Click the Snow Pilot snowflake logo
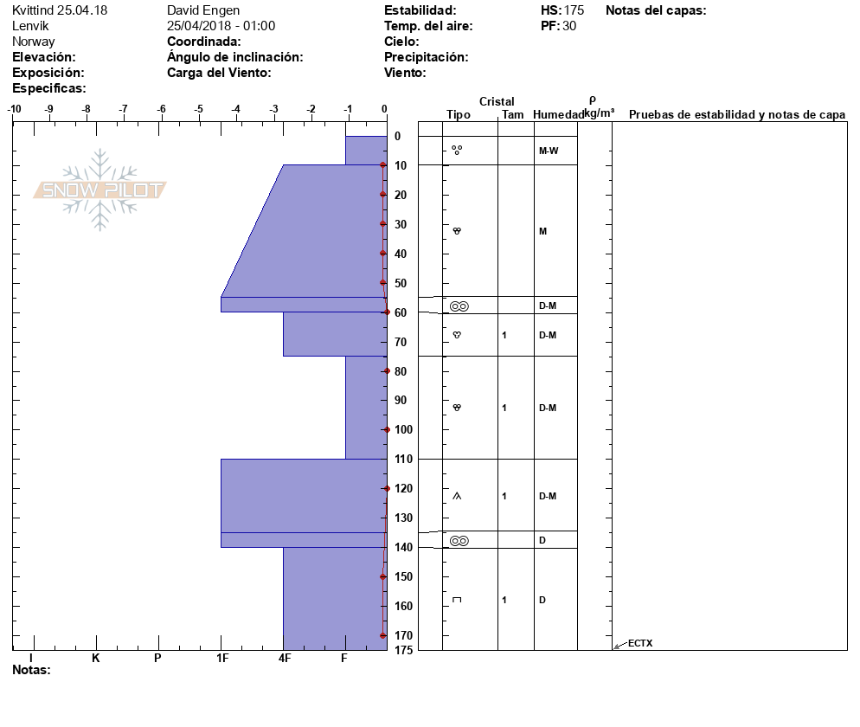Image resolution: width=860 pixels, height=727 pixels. point(99,190)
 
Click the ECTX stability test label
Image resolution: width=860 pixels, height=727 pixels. point(640,643)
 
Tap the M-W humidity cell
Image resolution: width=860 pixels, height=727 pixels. point(549,151)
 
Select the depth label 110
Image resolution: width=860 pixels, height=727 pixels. point(404,459)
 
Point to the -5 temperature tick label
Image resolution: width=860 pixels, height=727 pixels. point(198,109)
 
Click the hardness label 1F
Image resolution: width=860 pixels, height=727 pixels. point(222,658)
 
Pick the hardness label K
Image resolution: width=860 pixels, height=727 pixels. point(95,658)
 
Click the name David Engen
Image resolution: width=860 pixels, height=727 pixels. point(203,10)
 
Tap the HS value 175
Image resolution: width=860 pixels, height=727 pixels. point(574,10)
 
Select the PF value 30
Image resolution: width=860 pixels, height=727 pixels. point(569,26)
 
